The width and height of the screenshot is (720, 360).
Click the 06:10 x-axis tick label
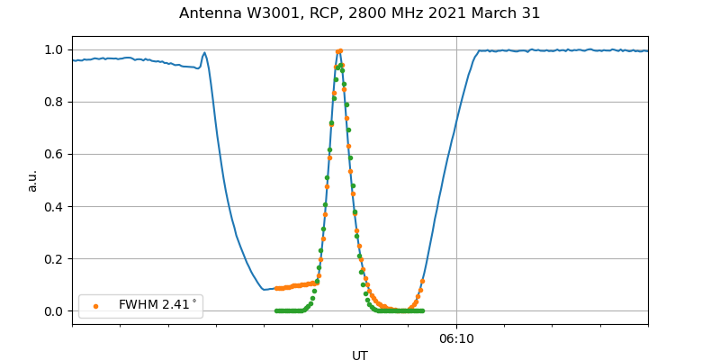coord(456,338)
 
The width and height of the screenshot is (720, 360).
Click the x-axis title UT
coord(360,355)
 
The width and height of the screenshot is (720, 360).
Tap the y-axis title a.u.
coord(32,180)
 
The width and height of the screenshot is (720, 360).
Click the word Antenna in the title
coord(209,13)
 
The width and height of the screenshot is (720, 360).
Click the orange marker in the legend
coord(95,306)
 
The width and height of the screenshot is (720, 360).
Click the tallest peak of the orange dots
coord(339,50)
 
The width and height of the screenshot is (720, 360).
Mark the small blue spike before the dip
coord(204,53)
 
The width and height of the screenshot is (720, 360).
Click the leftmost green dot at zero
coord(276,310)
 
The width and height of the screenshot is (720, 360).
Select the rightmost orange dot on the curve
coord(422,282)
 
